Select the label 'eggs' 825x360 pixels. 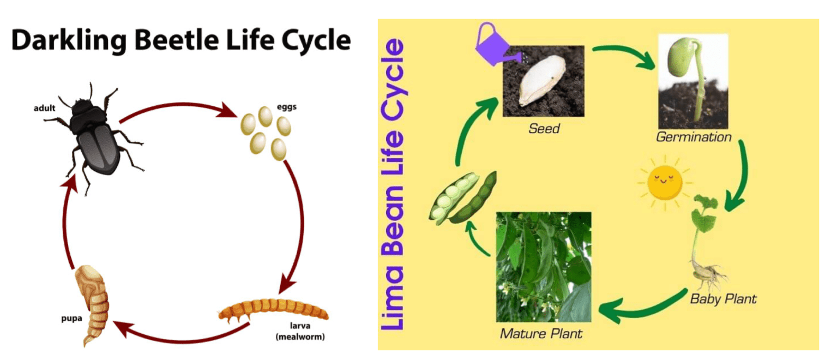286,107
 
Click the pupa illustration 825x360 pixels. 93,304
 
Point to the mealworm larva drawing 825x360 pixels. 273,309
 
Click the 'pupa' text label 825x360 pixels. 71,319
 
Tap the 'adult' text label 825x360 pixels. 45,108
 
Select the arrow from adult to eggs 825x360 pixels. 179,105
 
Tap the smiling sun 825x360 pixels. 665,183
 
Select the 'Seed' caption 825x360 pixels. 544,129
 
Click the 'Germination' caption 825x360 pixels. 694,137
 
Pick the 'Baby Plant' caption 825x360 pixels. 723,299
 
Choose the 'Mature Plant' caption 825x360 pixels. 541,334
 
